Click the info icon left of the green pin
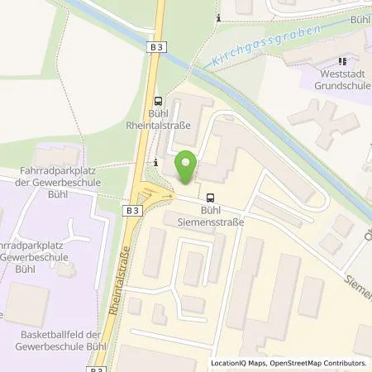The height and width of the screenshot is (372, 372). coord(156,162)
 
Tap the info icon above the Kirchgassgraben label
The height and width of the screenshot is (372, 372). coord(217,17)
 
